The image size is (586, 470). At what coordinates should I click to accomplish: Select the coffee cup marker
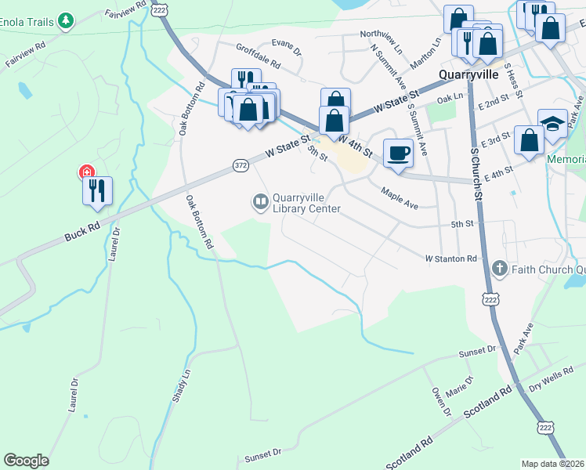point(398,153)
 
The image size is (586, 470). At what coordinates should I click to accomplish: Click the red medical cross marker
point(85,172)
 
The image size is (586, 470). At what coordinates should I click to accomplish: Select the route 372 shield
point(241,165)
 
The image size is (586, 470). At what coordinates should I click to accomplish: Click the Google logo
point(26,461)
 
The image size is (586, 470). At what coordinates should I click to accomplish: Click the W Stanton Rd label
point(450,258)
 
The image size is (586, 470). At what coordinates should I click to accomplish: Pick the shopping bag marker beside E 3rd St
point(530,140)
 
